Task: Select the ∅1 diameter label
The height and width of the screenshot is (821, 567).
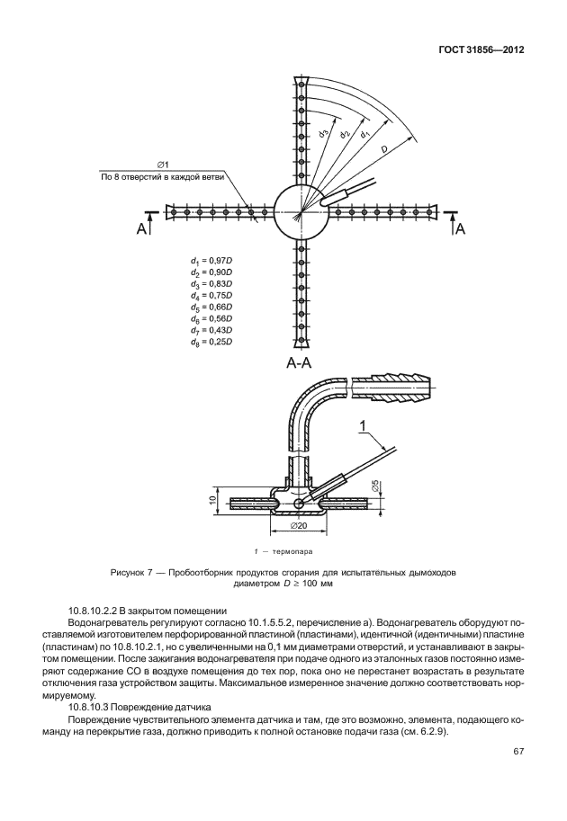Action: [163, 164]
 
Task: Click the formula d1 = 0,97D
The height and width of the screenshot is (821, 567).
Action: [211, 260]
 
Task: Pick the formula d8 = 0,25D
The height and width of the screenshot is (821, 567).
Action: [211, 342]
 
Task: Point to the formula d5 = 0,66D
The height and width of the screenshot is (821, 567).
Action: [211, 307]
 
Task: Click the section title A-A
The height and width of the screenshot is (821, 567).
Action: [300, 364]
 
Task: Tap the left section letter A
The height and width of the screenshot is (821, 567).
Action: [141, 230]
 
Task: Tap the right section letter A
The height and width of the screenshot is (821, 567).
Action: [460, 230]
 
